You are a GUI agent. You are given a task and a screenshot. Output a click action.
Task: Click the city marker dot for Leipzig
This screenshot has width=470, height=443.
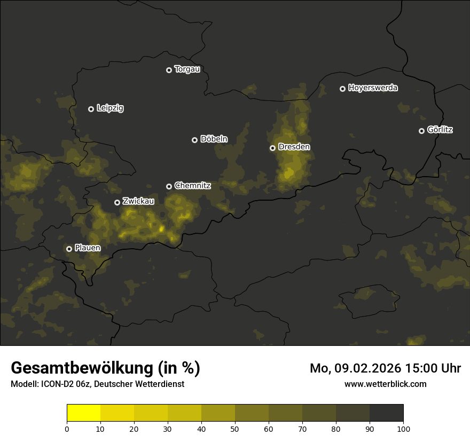tap(91, 109)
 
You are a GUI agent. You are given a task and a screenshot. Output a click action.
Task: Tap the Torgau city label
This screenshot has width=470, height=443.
tap(187, 69)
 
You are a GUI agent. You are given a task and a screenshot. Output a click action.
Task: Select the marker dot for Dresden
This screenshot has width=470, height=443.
tap(272, 148)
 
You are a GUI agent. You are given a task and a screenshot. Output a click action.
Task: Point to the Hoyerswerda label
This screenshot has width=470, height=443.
tap(373, 88)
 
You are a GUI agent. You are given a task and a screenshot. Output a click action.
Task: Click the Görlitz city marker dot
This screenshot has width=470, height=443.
tap(421, 131)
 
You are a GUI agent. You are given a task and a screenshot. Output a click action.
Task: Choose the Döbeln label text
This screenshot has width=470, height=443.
tap(214, 139)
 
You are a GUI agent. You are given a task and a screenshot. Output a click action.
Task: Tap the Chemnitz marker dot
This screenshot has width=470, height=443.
tap(169, 186)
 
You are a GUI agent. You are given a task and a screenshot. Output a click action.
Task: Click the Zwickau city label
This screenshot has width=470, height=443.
tap(138, 201)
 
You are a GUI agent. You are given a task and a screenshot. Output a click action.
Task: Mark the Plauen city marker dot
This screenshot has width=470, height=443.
tap(69, 249)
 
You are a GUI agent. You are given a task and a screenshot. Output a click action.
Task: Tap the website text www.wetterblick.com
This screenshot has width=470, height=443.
tap(385, 384)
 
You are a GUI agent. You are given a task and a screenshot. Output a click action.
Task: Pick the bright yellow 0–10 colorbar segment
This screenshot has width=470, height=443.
tap(83, 413)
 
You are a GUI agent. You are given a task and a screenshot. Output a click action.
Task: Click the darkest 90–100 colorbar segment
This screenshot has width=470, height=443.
tap(386, 413)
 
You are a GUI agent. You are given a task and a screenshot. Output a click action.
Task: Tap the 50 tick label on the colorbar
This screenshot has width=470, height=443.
tap(235, 429)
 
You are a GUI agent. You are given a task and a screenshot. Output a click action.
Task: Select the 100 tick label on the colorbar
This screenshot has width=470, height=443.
tap(403, 429)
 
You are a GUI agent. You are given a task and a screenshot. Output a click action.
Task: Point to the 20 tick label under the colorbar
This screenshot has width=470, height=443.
tap(134, 429)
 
